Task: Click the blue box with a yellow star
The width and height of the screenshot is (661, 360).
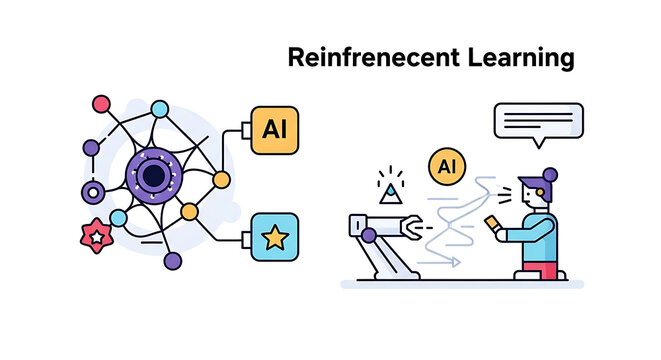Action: point(273,237)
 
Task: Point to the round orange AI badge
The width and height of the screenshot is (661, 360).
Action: point(446,166)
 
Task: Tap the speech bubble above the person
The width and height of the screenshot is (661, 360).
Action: point(538,123)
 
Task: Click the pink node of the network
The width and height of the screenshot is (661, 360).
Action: point(100,103)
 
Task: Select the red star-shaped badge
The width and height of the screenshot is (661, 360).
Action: point(95,238)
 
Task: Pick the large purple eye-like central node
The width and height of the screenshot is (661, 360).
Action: point(154,176)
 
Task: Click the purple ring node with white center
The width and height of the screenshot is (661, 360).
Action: point(94,191)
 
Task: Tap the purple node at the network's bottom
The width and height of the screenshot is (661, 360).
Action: point(173,262)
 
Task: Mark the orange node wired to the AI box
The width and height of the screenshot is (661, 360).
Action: point(221,181)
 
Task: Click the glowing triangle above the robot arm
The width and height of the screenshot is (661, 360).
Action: point(389,187)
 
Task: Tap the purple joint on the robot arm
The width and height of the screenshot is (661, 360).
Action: point(368,236)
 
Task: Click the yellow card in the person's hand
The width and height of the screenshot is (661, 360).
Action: point(492,221)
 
